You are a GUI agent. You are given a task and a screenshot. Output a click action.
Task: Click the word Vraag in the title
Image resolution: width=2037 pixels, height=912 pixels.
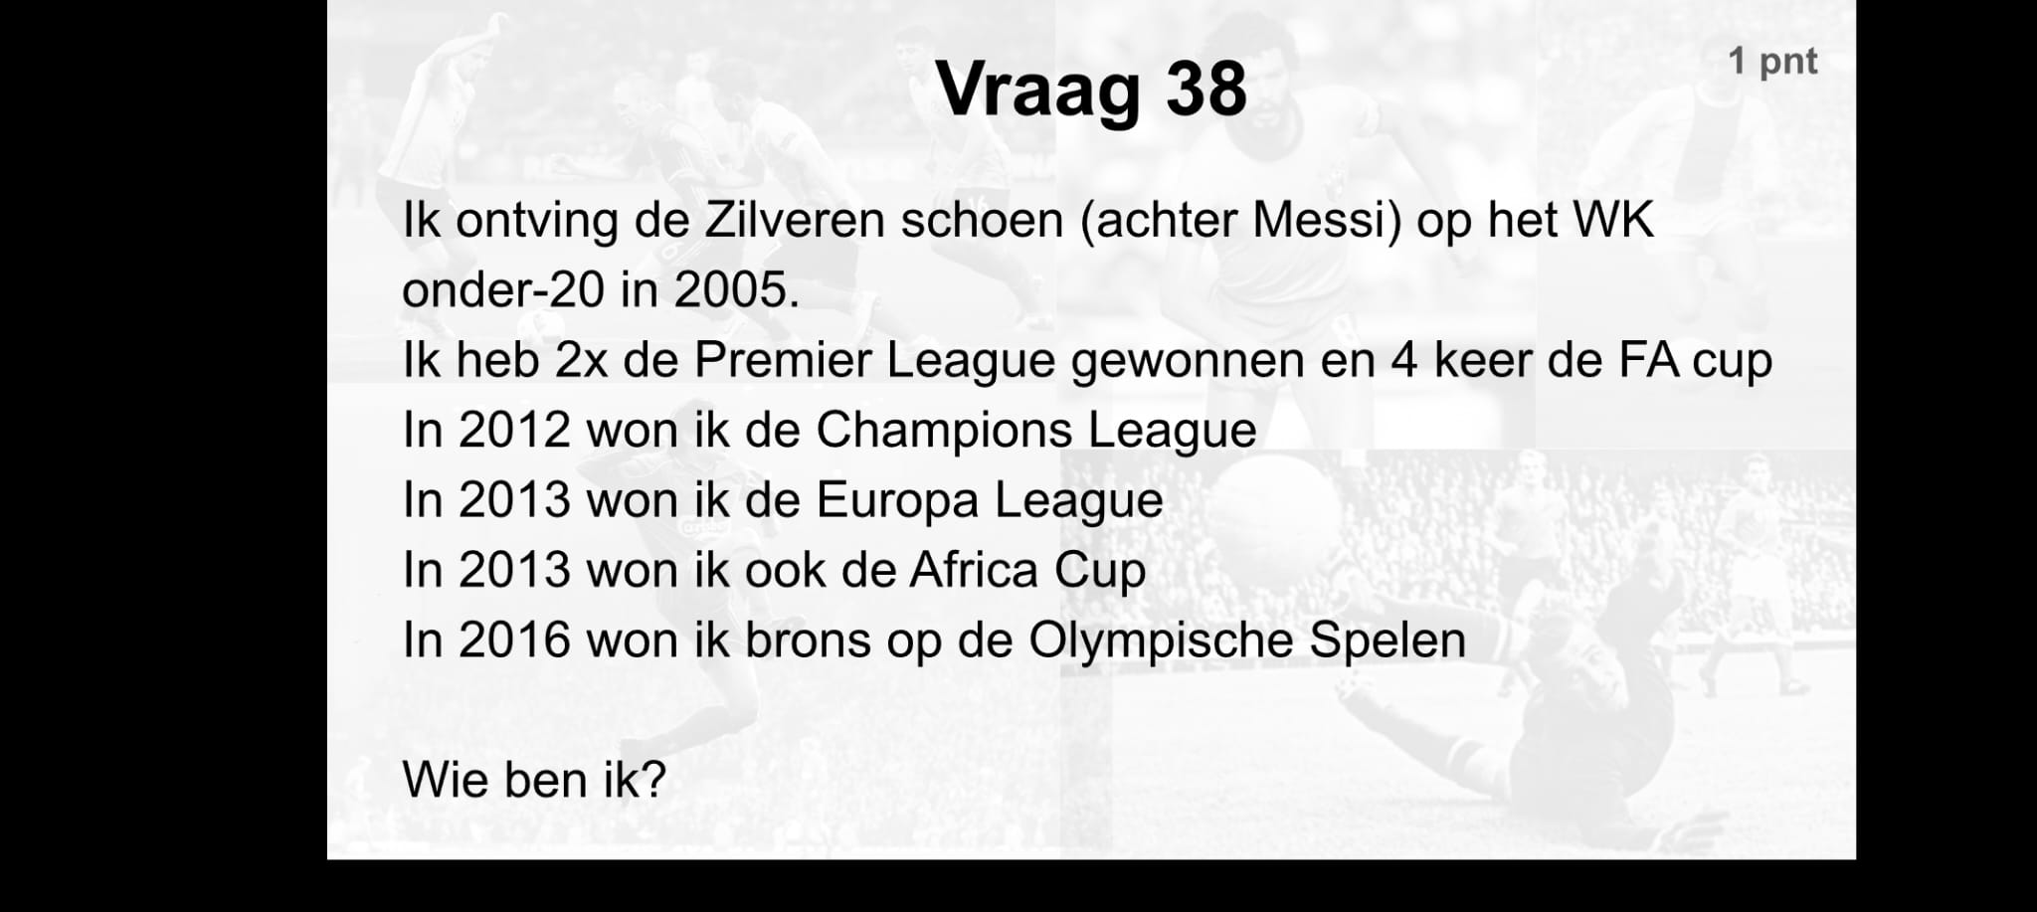click(1038, 91)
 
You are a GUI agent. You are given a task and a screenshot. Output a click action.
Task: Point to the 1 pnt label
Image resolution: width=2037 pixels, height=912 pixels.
click(1772, 62)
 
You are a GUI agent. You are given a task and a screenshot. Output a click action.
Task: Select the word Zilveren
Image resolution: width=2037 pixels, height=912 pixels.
click(795, 220)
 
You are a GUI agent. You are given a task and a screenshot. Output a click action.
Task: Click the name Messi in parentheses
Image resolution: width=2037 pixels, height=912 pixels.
click(1327, 220)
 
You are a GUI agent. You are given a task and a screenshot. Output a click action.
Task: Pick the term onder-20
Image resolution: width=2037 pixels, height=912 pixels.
click(502, 290)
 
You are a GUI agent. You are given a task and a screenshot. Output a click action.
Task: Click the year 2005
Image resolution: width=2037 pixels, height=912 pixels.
click(737, 290)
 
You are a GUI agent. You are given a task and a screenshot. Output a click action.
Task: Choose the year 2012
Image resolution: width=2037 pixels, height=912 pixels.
click(514, 431)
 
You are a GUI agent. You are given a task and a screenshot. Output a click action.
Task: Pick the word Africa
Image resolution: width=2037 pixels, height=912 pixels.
click(973, 570)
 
